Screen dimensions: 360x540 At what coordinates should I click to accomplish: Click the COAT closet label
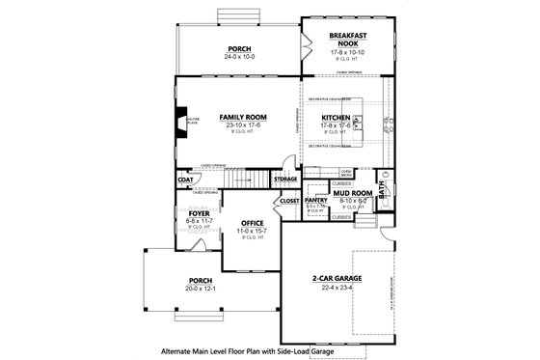[184, 180]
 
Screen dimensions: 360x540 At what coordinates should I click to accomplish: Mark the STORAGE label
[284, 180]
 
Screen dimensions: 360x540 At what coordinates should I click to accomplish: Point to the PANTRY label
[317, 200]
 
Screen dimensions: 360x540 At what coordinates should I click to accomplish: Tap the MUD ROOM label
[355, 193]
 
